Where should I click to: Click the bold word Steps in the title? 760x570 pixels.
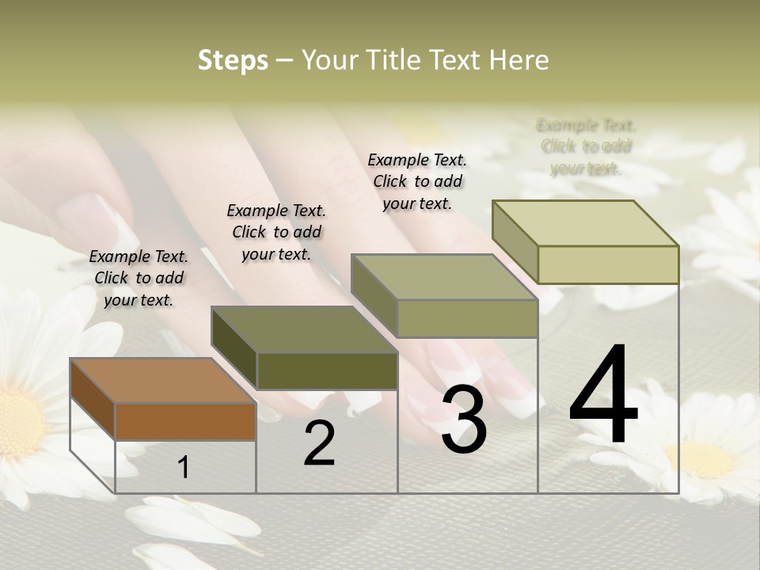pos(233,60)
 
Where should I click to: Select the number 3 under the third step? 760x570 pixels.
pos(464,420)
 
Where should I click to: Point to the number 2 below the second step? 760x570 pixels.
pos(320,443)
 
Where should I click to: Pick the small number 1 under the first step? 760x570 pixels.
pos(184,467)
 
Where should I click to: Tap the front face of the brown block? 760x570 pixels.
pos(185,421)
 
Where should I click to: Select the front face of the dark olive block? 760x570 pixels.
pos(327,370)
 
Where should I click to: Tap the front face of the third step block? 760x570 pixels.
pos(467,318)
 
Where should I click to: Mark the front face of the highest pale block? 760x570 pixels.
pos(608,264)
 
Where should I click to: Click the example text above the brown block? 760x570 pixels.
pos(139,278)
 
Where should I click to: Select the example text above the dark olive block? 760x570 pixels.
pos(276,232)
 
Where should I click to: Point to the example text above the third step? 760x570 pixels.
pos(417,181)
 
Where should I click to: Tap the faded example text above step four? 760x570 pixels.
pos(586,146)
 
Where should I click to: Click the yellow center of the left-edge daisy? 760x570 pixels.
pos(17,420)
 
